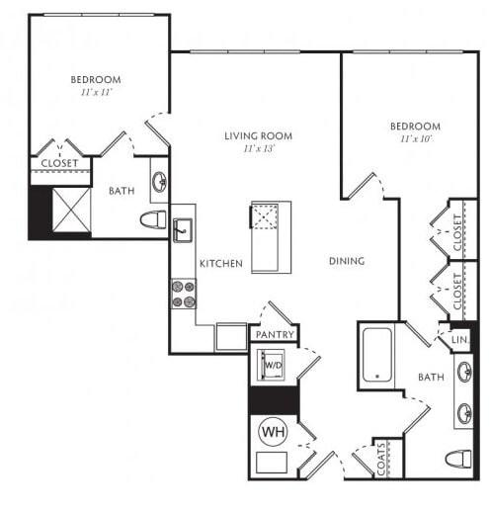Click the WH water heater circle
point(273,432)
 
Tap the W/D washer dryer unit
point(271,365)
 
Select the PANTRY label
point(275,335)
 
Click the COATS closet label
point(381,460)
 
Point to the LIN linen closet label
point(459,340)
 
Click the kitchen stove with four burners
point(184,294)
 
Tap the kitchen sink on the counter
point(183,230)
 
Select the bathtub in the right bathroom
point(377,355)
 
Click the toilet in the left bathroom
point(153,219)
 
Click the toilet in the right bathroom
point(458,459)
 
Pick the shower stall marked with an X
point(71,211)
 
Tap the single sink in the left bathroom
point(159,181)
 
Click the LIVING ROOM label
point(259,136)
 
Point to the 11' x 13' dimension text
point(259,149)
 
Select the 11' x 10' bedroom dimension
point(416,139)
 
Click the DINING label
point(347,261)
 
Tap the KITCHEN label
point(221,264)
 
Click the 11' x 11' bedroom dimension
point(97,92)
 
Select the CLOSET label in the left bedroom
point(59,163)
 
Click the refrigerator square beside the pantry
point(231,337)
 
